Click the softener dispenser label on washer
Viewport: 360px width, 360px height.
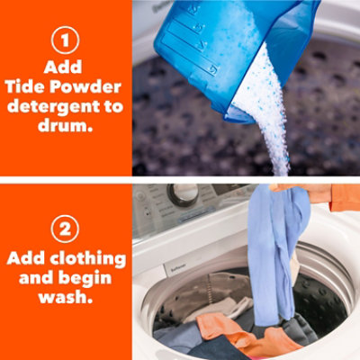(x=175, y=269)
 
